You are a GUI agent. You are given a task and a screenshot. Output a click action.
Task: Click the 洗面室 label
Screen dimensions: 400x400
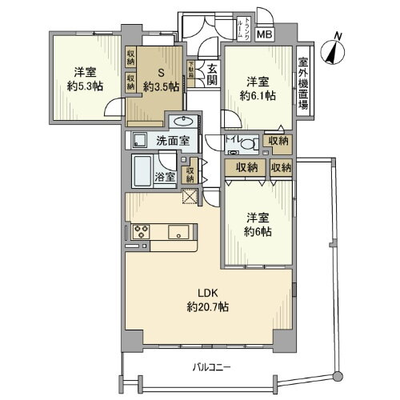click(174, 142)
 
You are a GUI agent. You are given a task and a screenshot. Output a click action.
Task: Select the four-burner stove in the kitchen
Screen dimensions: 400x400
click(141, 232)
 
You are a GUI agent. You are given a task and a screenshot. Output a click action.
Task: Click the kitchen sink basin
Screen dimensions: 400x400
click(178, 233)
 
